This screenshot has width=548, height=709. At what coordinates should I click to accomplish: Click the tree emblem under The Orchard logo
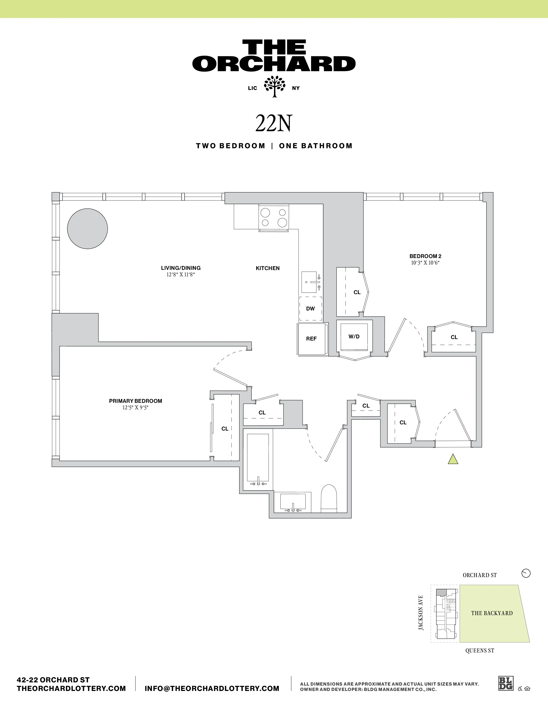click(x=274, y=86)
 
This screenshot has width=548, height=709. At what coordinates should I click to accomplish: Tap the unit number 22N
click(x=274, y=123)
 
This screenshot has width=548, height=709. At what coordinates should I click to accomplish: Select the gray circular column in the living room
click(x=87, y=229)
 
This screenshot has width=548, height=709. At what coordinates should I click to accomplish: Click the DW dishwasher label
click(x=310, y=308)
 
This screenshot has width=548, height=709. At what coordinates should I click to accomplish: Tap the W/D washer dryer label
click(x=354, y=336)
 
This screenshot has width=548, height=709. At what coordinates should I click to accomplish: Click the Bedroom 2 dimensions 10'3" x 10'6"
click(x=425, y=263)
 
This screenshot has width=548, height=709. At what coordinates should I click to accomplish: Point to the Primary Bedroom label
click(x=135, y=401)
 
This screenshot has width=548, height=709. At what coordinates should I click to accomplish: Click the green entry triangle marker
click(x=453, y=459)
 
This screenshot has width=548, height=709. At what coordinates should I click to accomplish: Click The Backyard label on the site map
click(x=492, y=613)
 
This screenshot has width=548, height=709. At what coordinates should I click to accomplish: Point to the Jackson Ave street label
click(x=421, y=613)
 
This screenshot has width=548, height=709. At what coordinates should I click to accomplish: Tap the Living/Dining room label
click(x=181, y=268)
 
